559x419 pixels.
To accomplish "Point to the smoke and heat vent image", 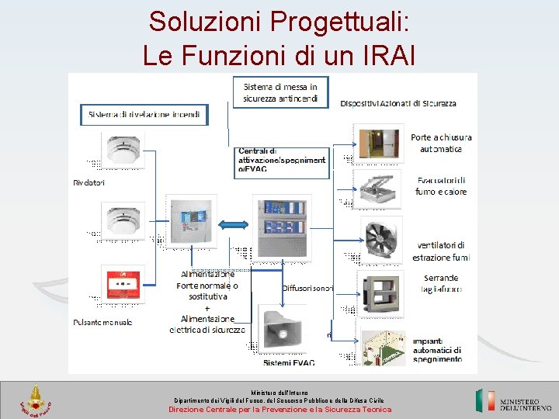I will [379, 189].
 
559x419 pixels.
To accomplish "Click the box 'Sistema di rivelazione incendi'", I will [144, 115].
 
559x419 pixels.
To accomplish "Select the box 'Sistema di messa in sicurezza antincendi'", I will [280, 92].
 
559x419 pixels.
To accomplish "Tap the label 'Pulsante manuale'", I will [102, 322].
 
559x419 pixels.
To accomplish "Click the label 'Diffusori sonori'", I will [307, 288].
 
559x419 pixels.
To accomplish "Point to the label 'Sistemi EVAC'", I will [288, 362].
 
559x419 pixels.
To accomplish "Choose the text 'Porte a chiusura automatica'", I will [441, 143].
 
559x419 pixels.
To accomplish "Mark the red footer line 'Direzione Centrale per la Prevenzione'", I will [280, 410].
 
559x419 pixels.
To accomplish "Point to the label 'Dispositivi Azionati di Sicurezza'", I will [398, 103].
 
